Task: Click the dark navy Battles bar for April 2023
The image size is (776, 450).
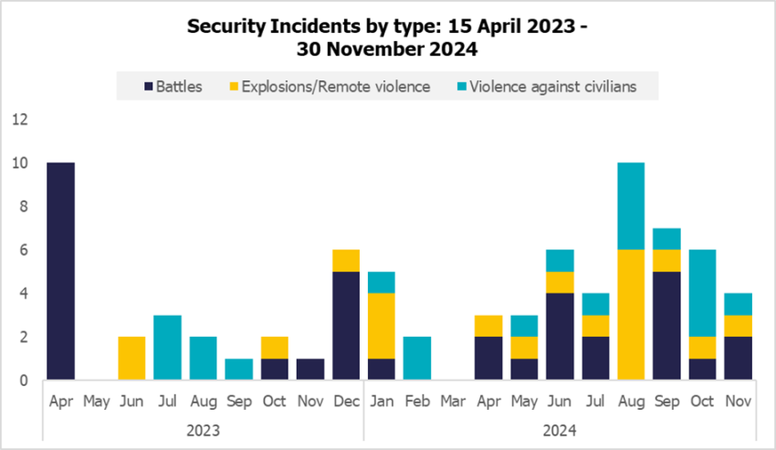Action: coord(61,271)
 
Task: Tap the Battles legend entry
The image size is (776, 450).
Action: coord(173,87)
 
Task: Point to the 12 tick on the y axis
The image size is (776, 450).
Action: coord(21,120)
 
